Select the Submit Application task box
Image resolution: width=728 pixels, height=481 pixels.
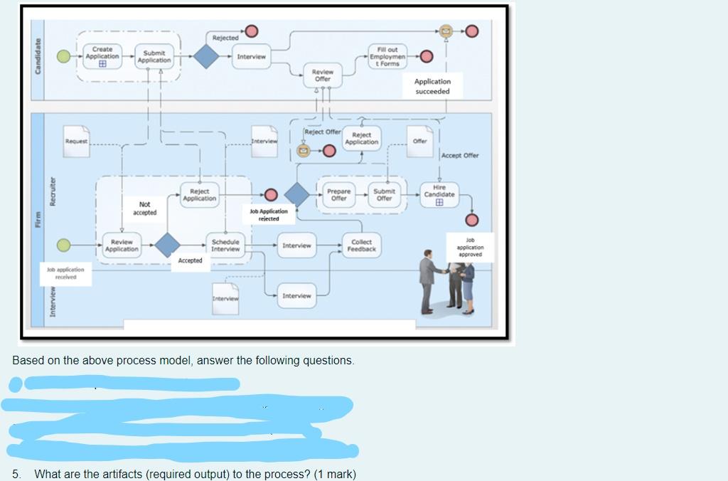coord(155,57)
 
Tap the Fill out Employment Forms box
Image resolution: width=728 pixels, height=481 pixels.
coord(388,56)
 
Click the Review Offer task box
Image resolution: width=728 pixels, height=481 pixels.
coord(323,75)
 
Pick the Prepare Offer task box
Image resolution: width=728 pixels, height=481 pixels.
coord(339,194)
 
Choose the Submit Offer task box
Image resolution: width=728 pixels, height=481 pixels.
coord(385,194)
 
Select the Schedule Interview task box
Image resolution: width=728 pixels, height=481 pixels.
coord(225,245)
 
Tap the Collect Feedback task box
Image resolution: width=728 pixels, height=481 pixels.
coord(361,245)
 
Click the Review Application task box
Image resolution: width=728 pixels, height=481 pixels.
coord(122,245)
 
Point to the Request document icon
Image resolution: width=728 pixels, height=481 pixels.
coord(77,141)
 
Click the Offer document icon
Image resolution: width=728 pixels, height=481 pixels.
coord(420,141)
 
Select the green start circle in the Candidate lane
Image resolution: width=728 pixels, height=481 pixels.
coord(64,56)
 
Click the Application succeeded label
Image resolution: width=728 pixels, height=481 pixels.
coord(432,86)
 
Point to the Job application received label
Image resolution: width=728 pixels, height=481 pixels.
coord(65,273)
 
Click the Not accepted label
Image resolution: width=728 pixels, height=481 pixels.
coord(144,208)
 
